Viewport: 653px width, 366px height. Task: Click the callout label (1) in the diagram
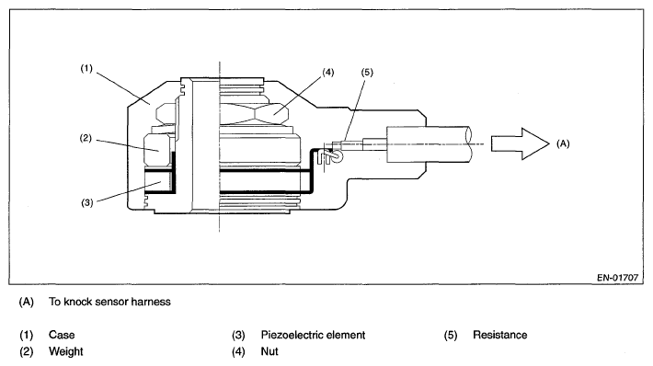[86, 68]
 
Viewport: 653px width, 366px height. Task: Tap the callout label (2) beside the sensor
[86, 138]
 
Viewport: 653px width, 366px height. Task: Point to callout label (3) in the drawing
[86, 203]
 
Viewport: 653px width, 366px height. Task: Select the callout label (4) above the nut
[328, 73]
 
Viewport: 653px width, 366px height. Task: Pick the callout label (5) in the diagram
[367, 73]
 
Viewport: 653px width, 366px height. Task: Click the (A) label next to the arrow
[563, 143]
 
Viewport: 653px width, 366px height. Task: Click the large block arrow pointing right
[521, 143]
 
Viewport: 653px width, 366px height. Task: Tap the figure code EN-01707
[618, 278]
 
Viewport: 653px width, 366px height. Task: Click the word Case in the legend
[62, 335]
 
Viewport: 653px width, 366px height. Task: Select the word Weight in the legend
[66, 351]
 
